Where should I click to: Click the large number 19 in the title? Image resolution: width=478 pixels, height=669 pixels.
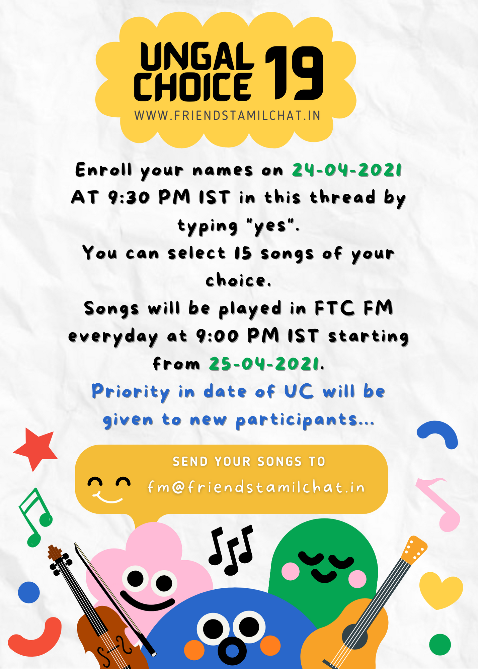coord(294,73)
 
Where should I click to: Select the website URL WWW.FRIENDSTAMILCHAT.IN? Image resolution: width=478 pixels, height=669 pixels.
coord(228,115)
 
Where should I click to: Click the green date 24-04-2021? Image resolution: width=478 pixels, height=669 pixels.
coord(347,170)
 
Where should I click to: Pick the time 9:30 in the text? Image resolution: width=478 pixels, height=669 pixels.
coord(129,197)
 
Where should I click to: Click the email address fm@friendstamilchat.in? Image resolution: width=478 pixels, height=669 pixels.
coord(256,487)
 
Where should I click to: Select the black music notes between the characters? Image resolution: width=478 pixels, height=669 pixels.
coord(231,550)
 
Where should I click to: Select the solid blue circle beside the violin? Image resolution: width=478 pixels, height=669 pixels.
coord(29,592)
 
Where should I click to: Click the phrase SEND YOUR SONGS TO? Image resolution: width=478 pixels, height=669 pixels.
coord(249,462)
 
